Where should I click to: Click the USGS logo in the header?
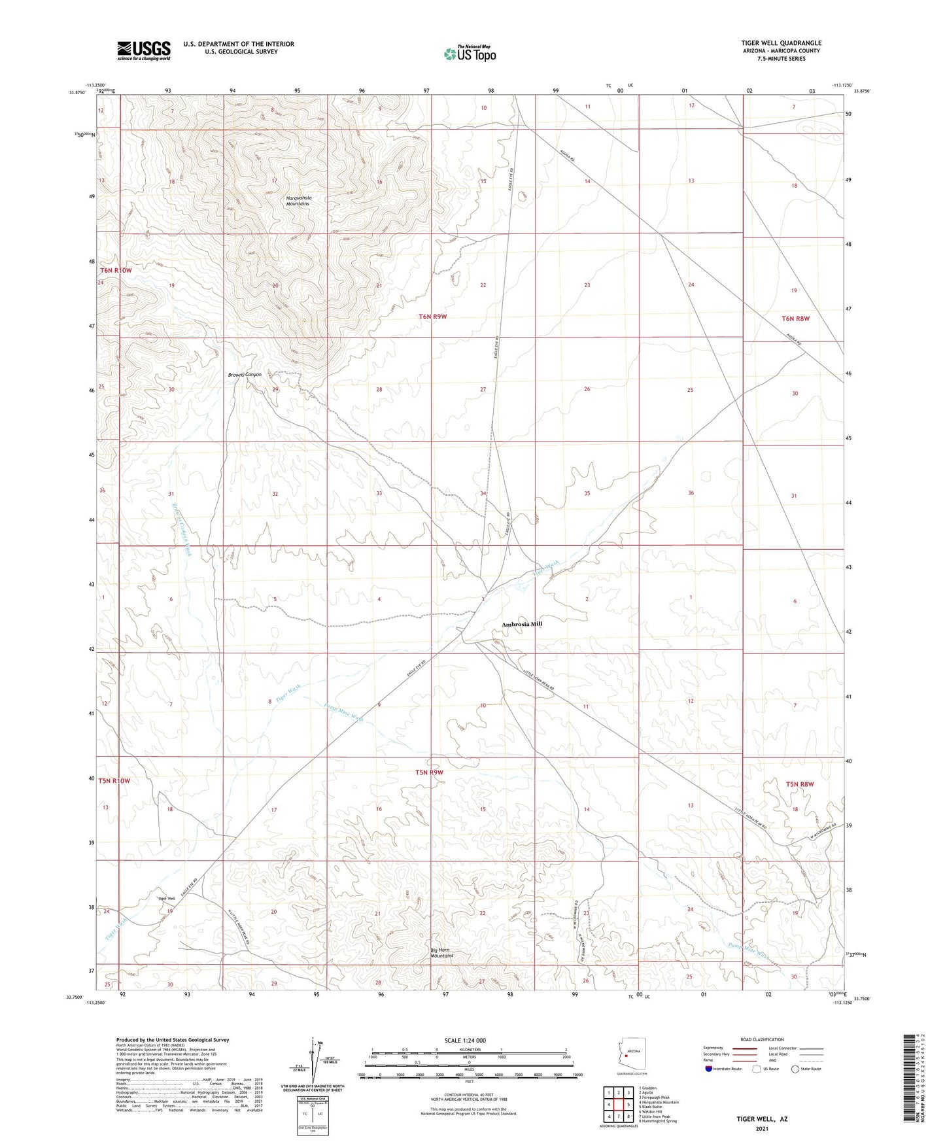coord(144,50)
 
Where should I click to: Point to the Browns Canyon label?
coord(245,375)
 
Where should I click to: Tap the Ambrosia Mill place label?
coord(522,624)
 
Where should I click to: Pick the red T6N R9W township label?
coord(432,317)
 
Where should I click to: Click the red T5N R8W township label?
coord(800,784)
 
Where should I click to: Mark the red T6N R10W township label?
coord(116,270)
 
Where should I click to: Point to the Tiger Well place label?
coord(166,898)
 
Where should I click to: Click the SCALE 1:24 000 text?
coord(464,1041)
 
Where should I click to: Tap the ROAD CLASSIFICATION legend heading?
coord(762,1039)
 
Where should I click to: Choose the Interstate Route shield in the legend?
coord(710,1069)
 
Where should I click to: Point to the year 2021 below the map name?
coord(761,1128)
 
